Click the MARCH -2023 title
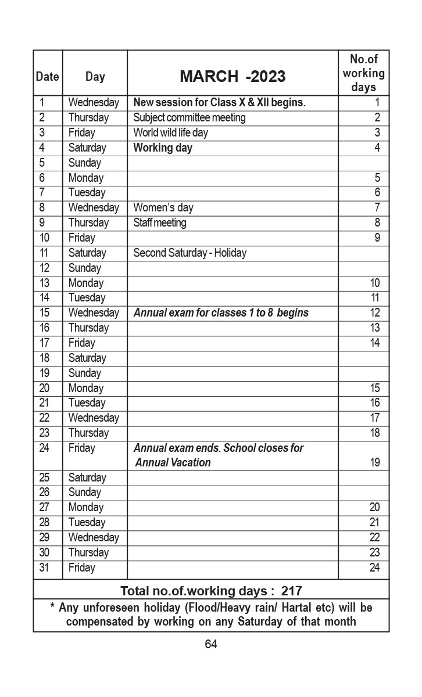233,76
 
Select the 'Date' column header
47,76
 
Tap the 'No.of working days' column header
363,73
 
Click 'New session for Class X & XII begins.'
219,103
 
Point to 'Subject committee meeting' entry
189,118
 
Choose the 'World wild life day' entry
170,133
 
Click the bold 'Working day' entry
163,148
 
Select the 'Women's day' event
163,208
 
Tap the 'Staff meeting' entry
160,223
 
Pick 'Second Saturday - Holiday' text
190,253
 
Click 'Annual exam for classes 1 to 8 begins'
221,313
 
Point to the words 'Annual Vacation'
173,463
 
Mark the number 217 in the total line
291,591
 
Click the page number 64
211,644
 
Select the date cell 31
44,567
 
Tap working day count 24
374,567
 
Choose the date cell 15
45,313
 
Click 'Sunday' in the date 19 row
84,373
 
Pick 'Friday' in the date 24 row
81,448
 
